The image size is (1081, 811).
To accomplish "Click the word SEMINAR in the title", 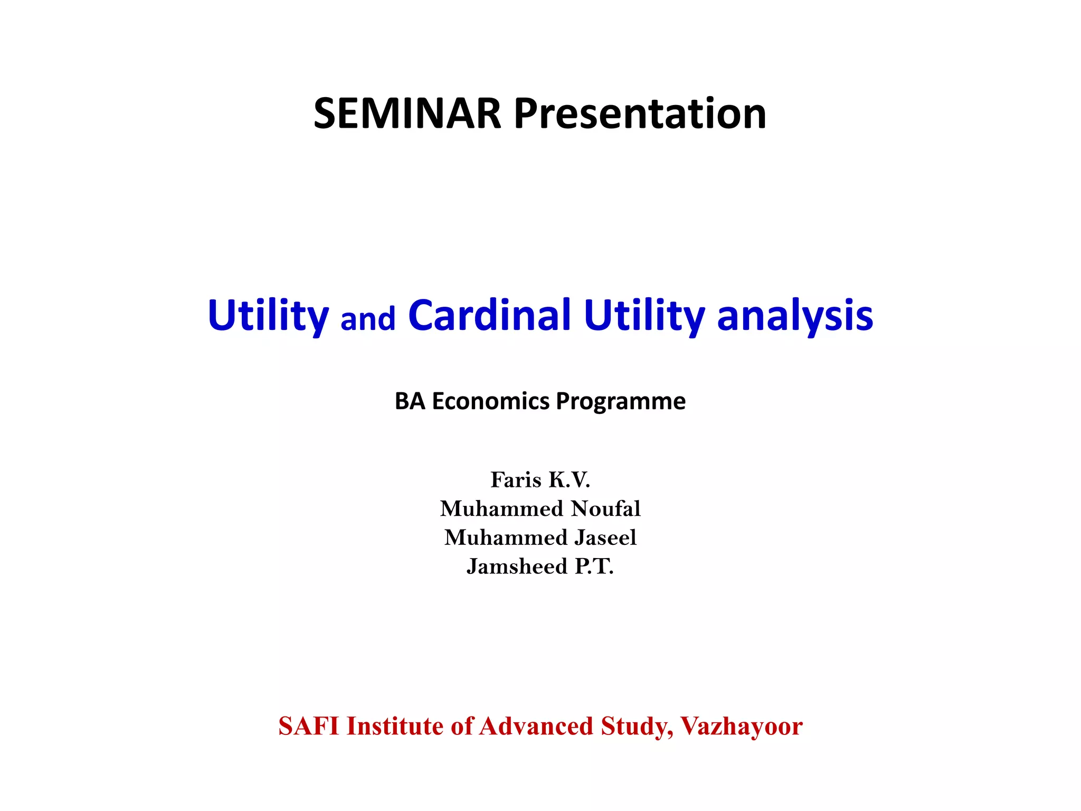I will tap(407, 114).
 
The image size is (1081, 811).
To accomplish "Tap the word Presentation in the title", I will tap(640, 114).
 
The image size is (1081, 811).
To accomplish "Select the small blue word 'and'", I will tap(368, 319).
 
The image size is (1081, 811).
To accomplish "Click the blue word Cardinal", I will tap(489, 315).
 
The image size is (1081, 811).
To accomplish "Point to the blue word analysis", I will tap(795, 316).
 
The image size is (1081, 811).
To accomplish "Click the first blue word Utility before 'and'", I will tap(268, 316).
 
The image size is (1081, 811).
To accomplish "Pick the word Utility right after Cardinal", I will tap(644, 316).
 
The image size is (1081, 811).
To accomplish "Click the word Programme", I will tap(621, 401).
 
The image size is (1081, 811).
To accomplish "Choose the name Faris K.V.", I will tap(540, 480).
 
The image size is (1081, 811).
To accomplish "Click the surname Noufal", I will tap(606, 509).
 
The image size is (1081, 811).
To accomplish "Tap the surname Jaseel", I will tap(605, 537).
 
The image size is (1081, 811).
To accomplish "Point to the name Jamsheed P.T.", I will tap(540, 567).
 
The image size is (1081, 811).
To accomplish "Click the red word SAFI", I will tap(308, 726).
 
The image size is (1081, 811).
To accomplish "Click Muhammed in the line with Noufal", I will tap(501, 509).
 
